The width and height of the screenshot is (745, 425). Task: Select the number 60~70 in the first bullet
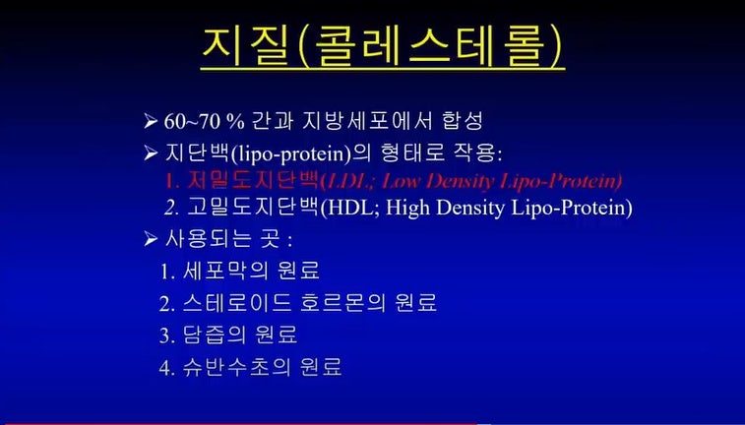click(x=192, y=122)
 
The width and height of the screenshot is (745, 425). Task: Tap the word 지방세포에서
click(x=367, y=121)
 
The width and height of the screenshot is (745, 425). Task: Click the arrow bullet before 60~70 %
click(x=151, y=122)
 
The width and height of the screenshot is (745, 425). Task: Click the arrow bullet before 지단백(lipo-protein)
click(x=151, y=152)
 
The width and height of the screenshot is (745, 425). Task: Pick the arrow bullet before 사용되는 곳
click(x=151, y=239)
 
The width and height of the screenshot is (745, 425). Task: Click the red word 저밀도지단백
click(x=252, y=180)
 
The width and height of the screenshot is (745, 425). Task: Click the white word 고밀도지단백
click(x=252, y=208)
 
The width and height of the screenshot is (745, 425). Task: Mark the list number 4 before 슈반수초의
click(x=164, y=368)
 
